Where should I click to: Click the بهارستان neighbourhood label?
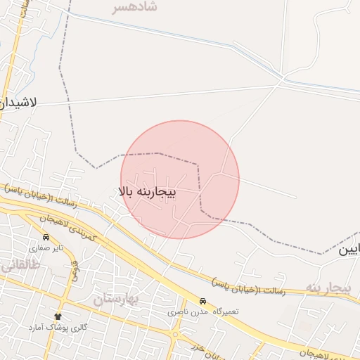116,298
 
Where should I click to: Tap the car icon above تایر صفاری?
46,238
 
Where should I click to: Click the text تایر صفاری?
46,248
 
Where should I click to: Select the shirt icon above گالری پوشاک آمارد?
58,317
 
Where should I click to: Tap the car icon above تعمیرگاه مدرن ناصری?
202,301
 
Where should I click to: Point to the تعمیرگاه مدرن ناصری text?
204,311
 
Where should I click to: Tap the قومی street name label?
73,269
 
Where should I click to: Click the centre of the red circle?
180,179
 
